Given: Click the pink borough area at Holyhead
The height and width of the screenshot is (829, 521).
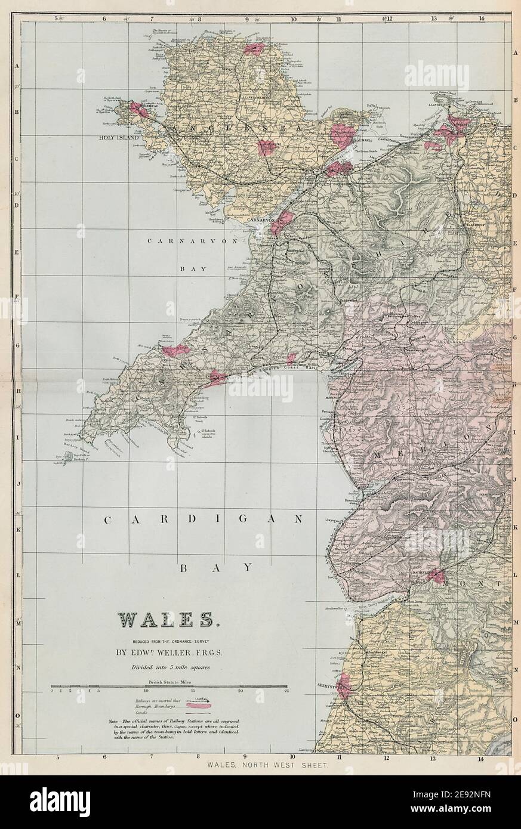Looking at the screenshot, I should click(137, 109).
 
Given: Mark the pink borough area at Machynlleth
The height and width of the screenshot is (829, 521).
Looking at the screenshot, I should click(437, 576).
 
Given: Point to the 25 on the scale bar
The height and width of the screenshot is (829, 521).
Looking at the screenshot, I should click(287, 691).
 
